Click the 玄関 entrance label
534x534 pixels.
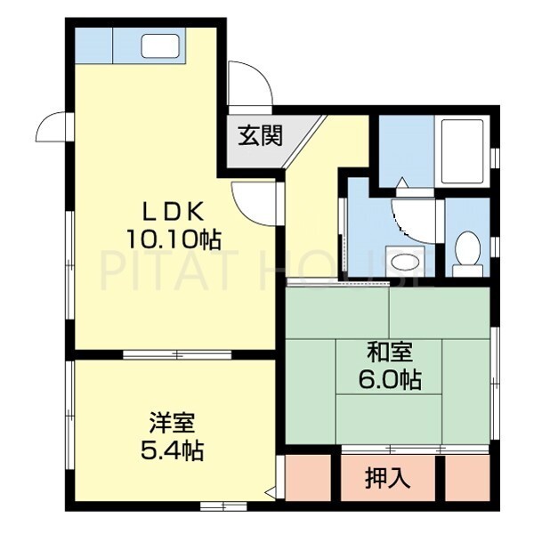(x=260, y=136)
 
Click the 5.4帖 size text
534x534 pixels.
(x=172, y=450)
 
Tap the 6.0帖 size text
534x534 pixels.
(x=388, y=379)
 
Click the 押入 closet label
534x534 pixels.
(x=388, y=478)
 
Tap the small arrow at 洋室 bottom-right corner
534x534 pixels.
(x=269, y=490)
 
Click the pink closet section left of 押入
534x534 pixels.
(x=308, y=479)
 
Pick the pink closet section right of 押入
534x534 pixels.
(x=467, y=479)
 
